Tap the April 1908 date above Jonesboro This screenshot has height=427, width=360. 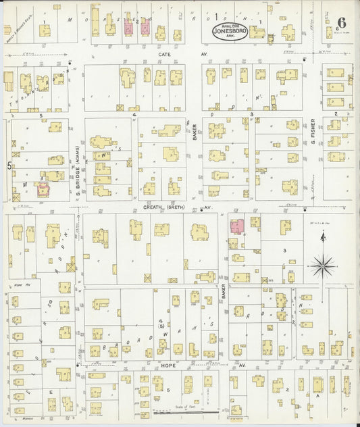point(230,24)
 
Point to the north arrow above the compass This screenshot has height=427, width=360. point(324,238)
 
